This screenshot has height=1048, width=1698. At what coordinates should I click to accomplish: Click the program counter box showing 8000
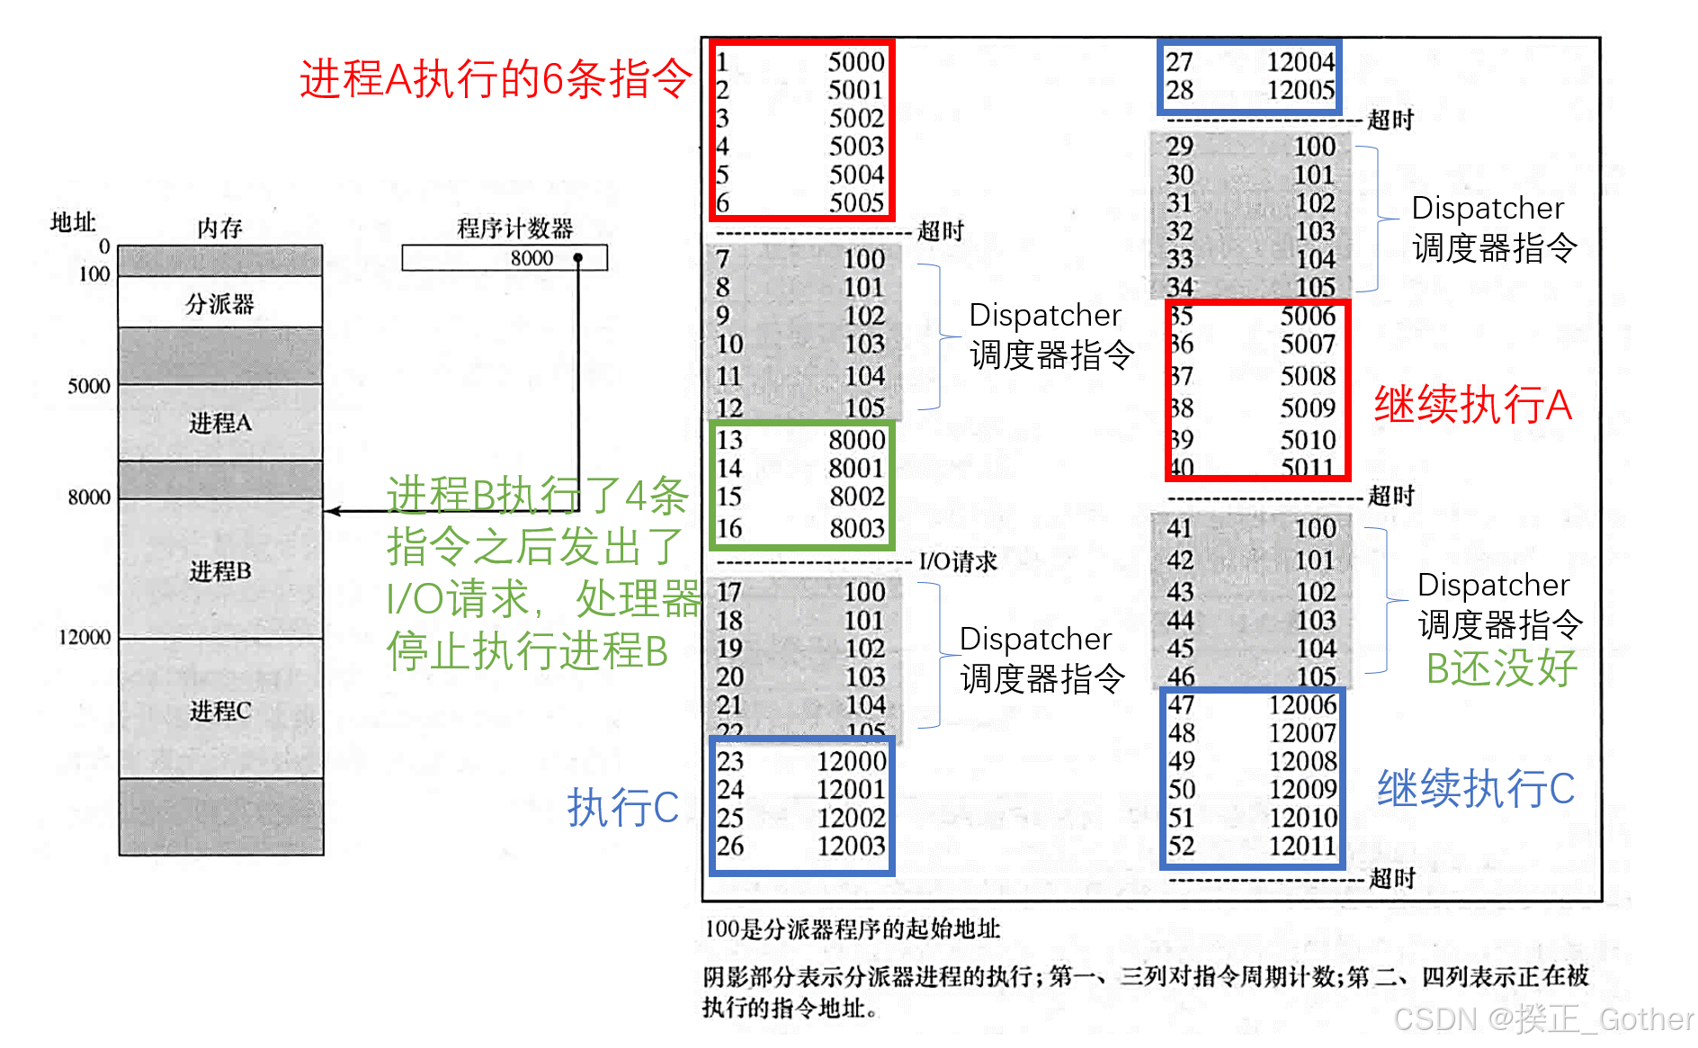tap(505, 258)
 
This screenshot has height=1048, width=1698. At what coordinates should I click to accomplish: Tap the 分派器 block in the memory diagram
tap(219, 303)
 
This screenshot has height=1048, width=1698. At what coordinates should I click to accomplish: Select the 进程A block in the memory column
tap(219, 423)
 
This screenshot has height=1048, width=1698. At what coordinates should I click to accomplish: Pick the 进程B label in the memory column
tap(219, 570)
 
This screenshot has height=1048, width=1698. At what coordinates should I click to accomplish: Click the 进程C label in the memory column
tap(219, 711)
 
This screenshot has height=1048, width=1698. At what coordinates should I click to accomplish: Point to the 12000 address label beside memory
tap(85, 637)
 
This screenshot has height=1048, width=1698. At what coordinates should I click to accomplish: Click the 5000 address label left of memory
tap(88, 386)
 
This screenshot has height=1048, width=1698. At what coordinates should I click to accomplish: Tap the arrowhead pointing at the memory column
tap(332, 511)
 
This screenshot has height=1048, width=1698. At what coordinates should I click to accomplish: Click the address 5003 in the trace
tap(856, 146)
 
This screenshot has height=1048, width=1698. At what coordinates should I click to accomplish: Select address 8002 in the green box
tap(856, 497)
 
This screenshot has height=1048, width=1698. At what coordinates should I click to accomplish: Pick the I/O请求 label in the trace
tap(958, 562)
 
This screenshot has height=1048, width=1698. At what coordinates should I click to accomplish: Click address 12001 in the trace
tap(851, 789)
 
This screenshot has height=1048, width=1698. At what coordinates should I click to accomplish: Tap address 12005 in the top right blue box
tap(1300, 90)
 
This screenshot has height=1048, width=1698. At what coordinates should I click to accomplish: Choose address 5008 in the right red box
tap(1308, 376)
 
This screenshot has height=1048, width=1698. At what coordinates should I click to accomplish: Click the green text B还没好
tap(1501, 668)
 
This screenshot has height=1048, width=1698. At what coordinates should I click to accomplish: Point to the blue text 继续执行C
tap(1475, 789)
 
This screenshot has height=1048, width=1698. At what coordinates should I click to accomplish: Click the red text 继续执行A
tap(1472, 405)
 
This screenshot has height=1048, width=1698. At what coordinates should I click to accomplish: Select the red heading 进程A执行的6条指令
tap(496, 79)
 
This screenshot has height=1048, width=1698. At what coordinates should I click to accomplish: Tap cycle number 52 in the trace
tap(1181, 846)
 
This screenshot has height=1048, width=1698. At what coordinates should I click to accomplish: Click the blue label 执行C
tap(622, 807)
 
